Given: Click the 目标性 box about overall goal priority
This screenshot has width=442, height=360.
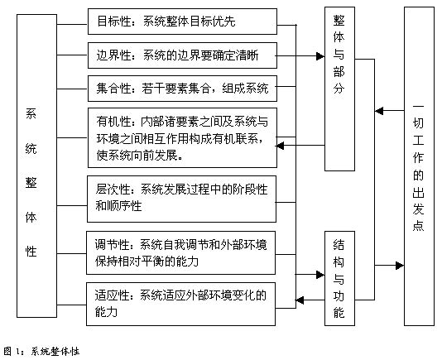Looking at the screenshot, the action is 182,22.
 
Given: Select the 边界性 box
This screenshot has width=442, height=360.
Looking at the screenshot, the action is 182,55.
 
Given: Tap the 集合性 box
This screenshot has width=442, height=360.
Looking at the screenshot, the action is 182,89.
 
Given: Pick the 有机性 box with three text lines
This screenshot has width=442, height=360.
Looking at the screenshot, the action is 182,138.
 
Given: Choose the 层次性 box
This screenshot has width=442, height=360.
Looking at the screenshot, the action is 181,199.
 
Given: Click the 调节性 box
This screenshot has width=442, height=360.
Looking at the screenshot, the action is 180,253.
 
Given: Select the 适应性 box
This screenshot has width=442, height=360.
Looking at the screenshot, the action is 180,305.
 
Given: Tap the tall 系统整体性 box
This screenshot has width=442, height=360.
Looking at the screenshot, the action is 37,166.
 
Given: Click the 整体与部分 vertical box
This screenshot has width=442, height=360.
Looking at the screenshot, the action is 339,89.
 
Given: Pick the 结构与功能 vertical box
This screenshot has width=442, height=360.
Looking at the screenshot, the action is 339,279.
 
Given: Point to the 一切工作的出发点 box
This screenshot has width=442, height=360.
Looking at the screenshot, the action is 419,166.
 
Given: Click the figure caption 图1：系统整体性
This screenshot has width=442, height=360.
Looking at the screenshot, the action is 41,352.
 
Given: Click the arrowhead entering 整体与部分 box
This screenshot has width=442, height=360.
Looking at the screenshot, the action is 320,56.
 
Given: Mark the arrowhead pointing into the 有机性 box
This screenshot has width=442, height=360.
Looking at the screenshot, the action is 280,146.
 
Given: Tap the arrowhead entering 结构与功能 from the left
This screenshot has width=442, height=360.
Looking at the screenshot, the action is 320,275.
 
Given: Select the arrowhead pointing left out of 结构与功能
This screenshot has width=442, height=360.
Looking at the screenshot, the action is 300,300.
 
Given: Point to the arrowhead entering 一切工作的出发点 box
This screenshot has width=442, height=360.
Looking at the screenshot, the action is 400,266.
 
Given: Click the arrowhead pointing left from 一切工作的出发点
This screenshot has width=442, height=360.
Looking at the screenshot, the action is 379,111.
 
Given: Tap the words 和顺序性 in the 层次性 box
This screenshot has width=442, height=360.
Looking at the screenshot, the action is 118,206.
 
